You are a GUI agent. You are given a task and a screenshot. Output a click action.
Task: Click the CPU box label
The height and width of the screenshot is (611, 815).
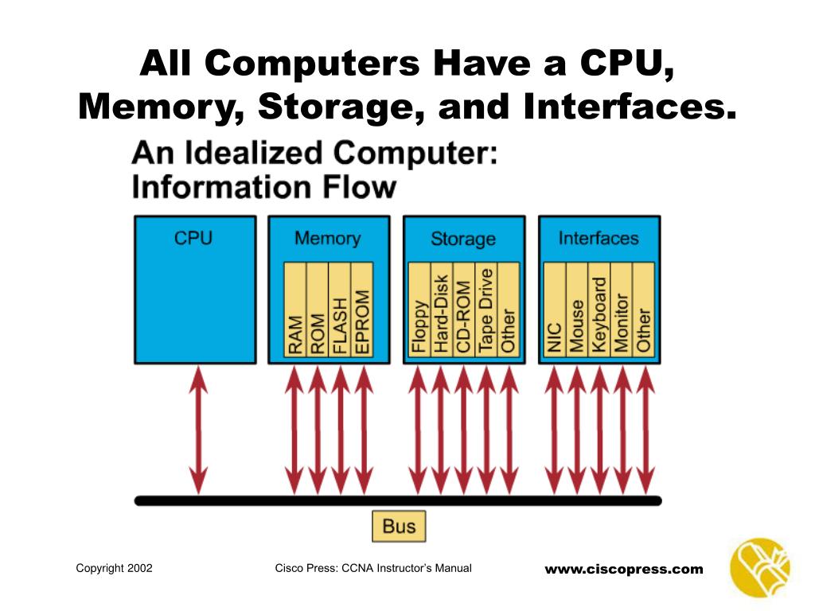(x=193, y=238)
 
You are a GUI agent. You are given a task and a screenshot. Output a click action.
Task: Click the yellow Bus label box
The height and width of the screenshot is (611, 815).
(x=399, y=527)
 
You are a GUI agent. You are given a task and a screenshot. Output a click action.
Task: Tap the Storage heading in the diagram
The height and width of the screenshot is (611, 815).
(x=463, y=239)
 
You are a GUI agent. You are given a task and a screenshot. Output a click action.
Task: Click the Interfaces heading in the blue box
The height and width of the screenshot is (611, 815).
(x=599, y=238)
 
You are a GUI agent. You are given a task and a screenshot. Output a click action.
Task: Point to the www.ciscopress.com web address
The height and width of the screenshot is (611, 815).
(x=624, y=569)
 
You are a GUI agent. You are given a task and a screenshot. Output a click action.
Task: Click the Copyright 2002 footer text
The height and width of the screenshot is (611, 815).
(x=114, y=568)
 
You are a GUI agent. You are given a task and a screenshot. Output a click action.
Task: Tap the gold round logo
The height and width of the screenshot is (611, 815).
(x=759, y=567)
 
